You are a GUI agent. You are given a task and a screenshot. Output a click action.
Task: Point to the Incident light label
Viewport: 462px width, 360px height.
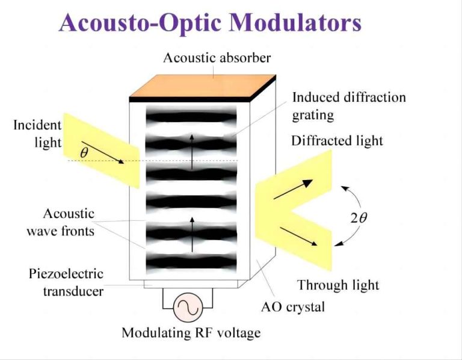pyautogui.click(x=37, y=134)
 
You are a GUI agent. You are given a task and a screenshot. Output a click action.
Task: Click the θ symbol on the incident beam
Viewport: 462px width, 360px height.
pyautogui.click(x=84, y=153)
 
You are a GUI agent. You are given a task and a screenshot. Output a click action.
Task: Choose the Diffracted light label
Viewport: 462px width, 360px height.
pyautogui.click(x=337, y=141)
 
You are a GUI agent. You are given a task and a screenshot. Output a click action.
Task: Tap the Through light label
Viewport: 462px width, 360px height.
pyautogui.click(x=338, y=284)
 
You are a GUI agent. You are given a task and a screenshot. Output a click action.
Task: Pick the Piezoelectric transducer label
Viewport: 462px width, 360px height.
pyautogui.click(x=66, y=282)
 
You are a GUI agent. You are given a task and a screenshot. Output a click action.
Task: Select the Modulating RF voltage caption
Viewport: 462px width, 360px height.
pyautogui.click(x=191, y=333)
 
